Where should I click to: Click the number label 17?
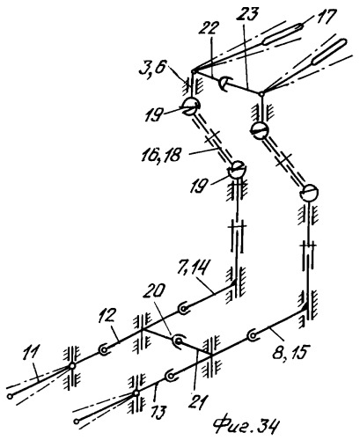[323, 18]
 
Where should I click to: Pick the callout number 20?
[154, 291]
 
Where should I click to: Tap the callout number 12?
[107, 317]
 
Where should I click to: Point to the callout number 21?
[198, 401]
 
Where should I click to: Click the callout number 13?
[158, 411]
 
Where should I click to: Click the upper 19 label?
[153, 115]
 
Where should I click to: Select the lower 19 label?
[199, 187]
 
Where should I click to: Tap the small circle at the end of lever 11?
[11, 397]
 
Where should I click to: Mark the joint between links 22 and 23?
[224, 84]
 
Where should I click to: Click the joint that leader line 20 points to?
[178, 341]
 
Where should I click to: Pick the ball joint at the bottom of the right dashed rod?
[309, 193]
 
